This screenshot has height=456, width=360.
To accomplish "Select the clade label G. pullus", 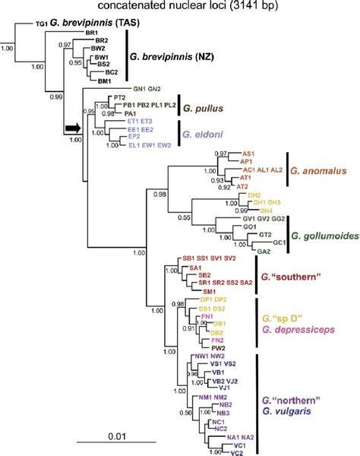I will point(202,109).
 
